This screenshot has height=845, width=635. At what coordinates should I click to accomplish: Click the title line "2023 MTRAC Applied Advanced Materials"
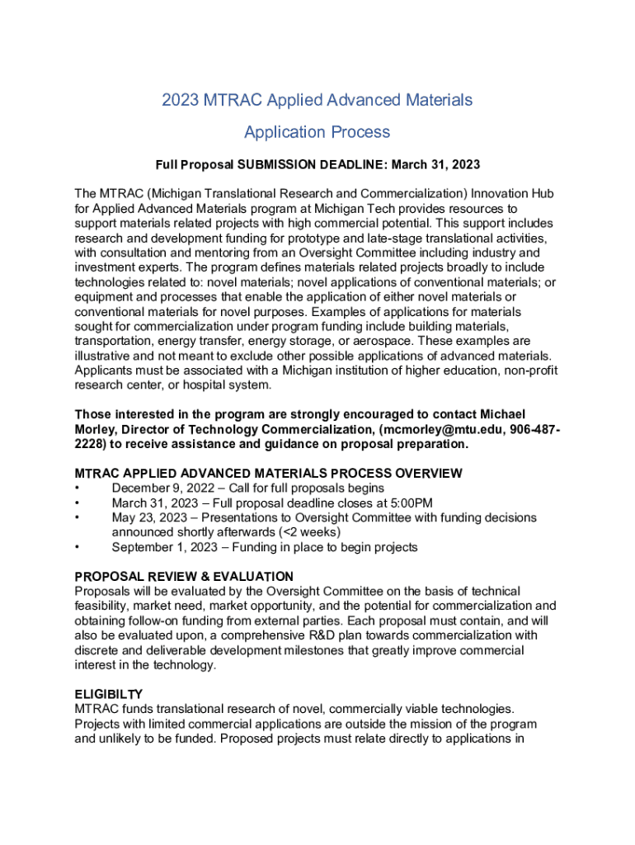(x=317, y=100)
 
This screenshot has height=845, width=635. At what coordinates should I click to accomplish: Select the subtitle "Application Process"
(x=317, y=132)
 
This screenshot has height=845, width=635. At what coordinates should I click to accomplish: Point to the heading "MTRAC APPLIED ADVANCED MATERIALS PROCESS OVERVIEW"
(x=268, y=474)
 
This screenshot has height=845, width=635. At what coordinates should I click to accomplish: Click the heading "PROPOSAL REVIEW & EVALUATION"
(x=184, y=577)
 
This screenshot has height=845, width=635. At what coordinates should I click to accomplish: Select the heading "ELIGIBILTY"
(x=109, y=695)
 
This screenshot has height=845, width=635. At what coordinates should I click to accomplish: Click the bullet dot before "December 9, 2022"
(x=78, y=489)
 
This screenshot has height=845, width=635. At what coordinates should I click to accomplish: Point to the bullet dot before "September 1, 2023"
(x=78, y=547)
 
